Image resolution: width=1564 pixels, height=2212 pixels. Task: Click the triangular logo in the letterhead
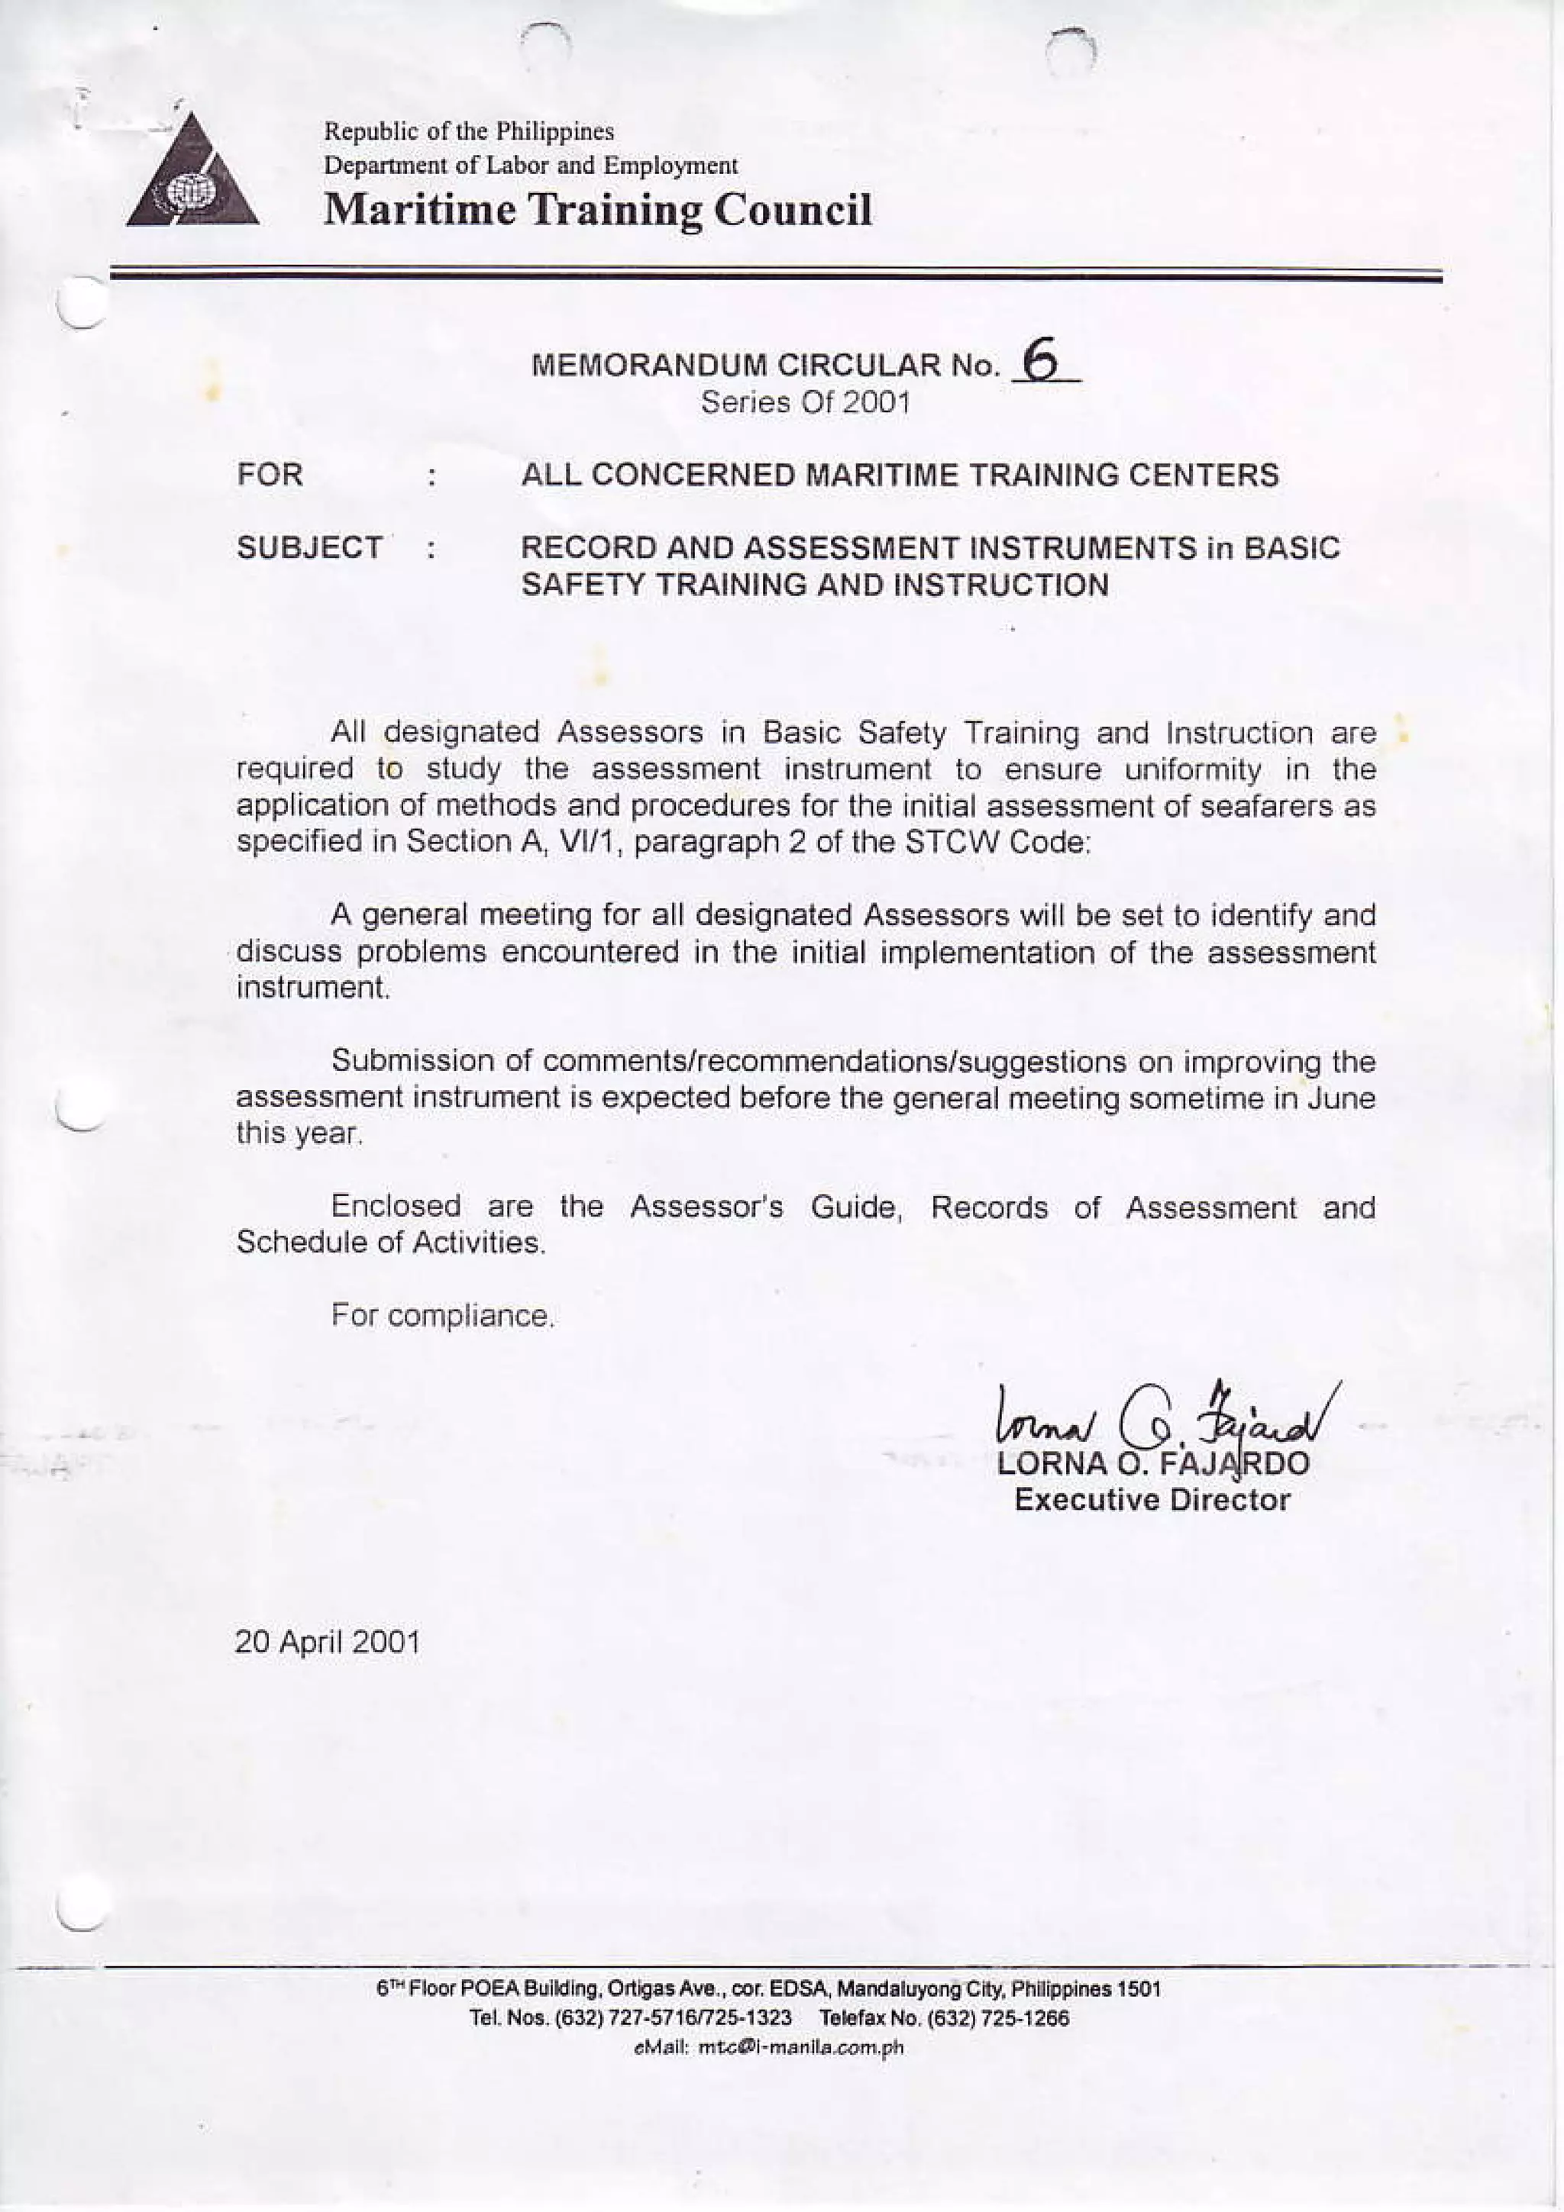click(192, 174)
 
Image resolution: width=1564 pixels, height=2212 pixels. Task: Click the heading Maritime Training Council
click(597, 210)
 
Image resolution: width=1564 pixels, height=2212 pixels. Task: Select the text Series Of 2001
click(805, 403)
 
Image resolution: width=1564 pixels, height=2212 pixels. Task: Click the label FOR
click(271, 475)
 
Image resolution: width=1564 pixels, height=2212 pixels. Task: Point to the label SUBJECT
click(309, 548)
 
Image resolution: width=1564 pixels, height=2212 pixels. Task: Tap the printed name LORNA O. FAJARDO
click(1152, 1465)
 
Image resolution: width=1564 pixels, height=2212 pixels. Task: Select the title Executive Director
click(1152, 1500)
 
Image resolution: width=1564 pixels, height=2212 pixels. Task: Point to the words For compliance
click(442, 1315)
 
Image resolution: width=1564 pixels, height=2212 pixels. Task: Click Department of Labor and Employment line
click(530, 166)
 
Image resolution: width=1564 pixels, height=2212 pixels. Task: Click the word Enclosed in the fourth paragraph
click(396, 1206)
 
